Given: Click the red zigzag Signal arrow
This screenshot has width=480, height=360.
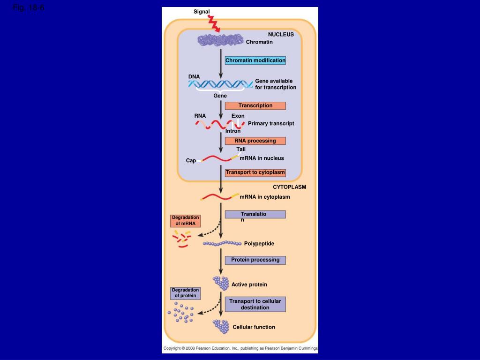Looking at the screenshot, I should pyautogui.click(x=214, y=24).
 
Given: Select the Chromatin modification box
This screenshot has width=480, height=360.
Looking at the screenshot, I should pyautogui.click(x=255, y=60).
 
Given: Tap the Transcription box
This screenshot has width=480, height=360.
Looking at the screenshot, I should pyautogui.click(x=255, y=105).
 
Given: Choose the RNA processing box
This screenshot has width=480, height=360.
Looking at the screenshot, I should pyautogui.click(x=255, y=141).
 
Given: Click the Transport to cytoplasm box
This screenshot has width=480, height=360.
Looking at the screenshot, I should pyautogui.click(x=255, y=172).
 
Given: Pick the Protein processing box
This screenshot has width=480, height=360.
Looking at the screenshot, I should pyautogui.click(x=255, y=260).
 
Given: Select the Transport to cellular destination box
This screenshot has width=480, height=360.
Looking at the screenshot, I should pyautogui.click(x=255, y=304).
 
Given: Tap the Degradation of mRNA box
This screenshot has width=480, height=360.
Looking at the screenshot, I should pyautogui.click(x=185, y=220).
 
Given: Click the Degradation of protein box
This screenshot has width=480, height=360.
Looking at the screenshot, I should pyautogui.click(x=185, y=293).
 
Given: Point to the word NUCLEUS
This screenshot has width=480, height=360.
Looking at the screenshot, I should pyautogui.click(x=281, y=34).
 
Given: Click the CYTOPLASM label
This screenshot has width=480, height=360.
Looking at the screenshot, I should pyautogui.click(x=290, y=187).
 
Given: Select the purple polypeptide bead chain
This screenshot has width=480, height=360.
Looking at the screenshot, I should pyautogui.click(x=222, y=243).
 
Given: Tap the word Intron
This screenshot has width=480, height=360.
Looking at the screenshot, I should pyautogui.click(x=233, y=131).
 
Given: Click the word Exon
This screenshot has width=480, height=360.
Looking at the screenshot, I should pyautogui.click(x=238, y=116).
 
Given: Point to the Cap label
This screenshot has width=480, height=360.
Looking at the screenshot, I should pyautogui.click(x=191, y=160).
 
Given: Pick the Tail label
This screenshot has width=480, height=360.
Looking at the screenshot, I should pyautogui.click(x=241, y=149).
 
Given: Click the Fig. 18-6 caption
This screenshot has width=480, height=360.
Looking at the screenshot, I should pyautogui.click(x=29, y=8).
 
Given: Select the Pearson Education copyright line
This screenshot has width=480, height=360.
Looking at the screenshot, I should pyautogui.click(x=240, y=348).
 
